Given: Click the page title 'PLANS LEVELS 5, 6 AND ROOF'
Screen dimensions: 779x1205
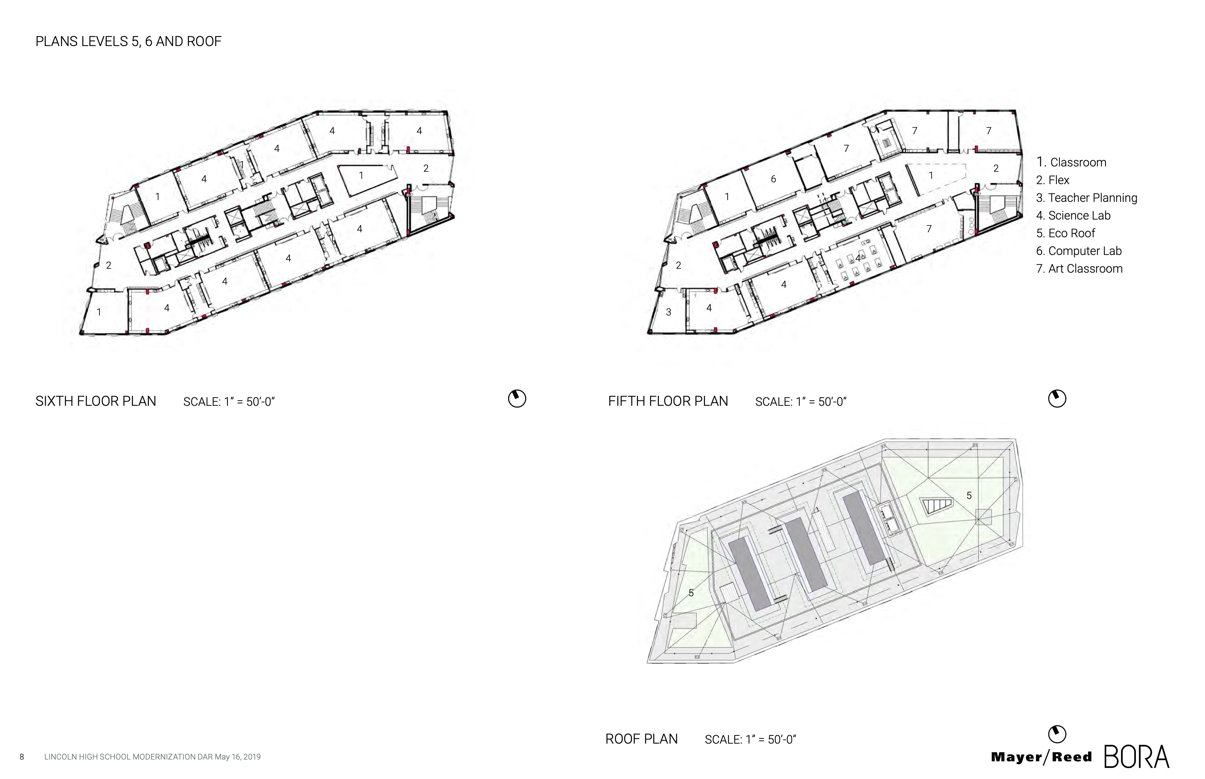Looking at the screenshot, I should coord(128,41).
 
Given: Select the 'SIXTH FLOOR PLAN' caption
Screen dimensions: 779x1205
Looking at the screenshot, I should coord(96,401).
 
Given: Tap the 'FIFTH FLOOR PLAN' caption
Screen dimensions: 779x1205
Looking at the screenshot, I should coord(668,401).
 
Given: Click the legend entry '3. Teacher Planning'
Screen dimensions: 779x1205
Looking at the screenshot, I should coord(1087,198).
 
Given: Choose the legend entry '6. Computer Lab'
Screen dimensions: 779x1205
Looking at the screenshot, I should coord(1078,251).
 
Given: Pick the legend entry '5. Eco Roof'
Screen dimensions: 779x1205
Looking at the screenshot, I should coord(1065,233).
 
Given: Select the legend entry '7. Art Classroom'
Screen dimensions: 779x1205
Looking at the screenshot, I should coord(1079,269).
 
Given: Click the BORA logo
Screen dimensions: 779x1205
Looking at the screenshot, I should coord(1137,757).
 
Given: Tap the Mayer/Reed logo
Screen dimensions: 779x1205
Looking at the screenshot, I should coord(1042,757).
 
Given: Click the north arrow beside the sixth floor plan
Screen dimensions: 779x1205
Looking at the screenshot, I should coord(517,399).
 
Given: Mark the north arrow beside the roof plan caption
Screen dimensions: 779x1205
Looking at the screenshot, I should coord(1057,734).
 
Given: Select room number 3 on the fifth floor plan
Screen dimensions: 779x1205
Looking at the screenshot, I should coord(668,312).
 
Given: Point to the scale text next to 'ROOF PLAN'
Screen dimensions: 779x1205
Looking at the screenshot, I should coord(750,740).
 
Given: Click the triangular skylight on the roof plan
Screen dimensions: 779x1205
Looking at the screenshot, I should coord(936,506).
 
